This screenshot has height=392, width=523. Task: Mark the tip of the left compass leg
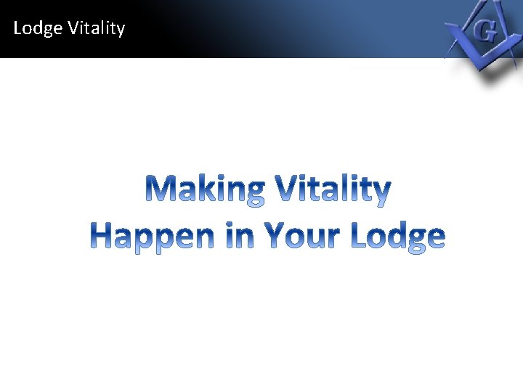point(450,55)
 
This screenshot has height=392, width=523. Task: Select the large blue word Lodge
point(397,236)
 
